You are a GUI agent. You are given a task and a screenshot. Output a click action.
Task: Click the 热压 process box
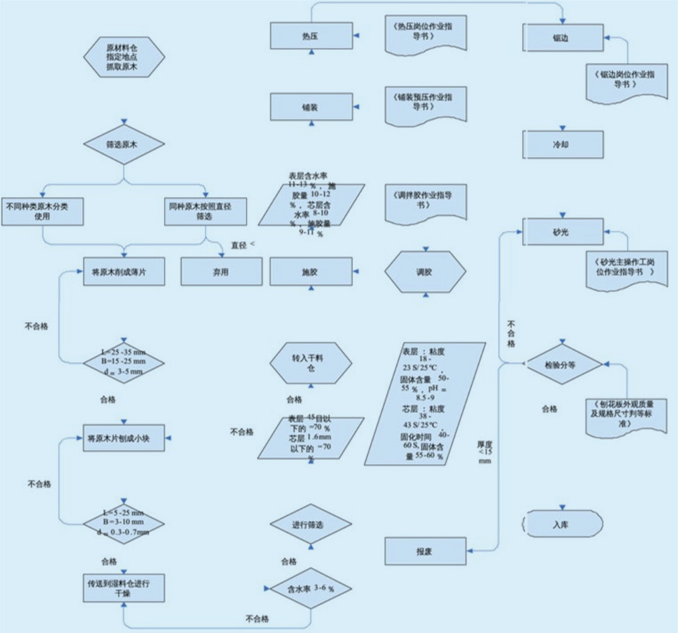(311, 35)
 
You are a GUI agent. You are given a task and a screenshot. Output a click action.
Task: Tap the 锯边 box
(563, 37)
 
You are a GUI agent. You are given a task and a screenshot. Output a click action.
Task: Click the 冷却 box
(563, 144)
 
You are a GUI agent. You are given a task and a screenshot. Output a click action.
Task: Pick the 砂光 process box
(563, 231)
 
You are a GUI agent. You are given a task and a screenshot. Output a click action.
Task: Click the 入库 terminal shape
(562, 525)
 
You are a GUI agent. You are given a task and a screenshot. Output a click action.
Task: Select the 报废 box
(425, 550)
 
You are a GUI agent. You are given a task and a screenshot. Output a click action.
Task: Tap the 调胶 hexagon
(425, 272)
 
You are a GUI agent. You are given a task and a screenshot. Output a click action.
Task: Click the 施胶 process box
(311, 272)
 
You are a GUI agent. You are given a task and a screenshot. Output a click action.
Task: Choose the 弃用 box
(222, 272)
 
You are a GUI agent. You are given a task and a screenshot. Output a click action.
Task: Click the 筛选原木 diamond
(124, 145)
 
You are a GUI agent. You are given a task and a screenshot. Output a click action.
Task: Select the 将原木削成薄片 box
(124, 272)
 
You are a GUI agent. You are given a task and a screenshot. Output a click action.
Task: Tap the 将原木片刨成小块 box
(124, 438)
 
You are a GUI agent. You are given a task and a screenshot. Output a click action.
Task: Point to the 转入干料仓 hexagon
(311, 364)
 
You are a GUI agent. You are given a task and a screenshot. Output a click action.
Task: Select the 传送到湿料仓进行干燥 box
(124, 589)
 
